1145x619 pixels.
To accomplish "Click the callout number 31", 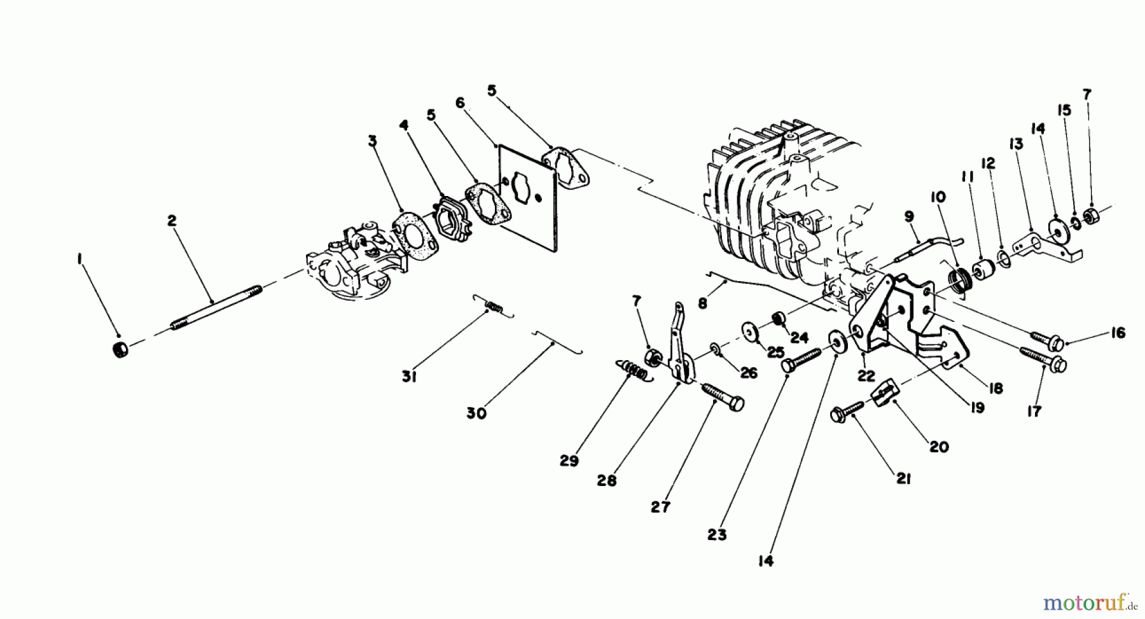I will click(x=408, y=377).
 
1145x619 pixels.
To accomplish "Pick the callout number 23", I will click(x=716, y=535).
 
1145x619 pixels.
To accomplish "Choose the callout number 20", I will click(x=939, y=447).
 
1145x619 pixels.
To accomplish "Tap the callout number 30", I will click(x=476, y=413).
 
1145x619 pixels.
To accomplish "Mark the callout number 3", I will click(x=373, y=141).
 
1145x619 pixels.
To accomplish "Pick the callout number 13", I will click(x=1015, y=144).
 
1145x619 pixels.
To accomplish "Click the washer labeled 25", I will click(x=753, y=331).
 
